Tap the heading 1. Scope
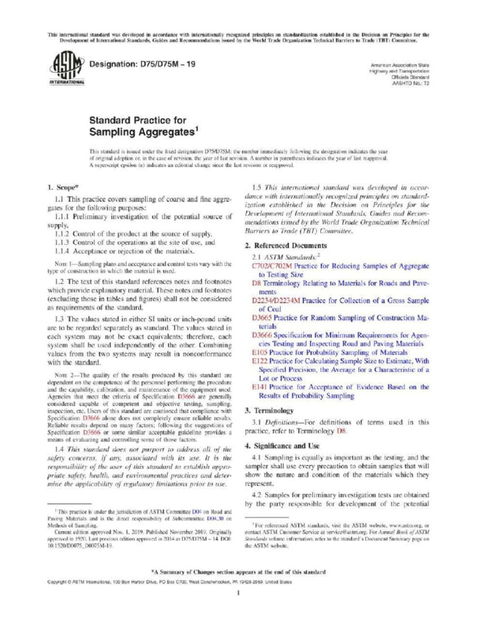(x=63, y=187)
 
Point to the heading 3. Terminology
(x=269, y=411)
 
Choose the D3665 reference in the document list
(x=261, y=317)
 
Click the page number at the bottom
(x=238, y=593)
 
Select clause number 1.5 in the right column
(x=256, y=187)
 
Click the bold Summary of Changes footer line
(x=238, y=571)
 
